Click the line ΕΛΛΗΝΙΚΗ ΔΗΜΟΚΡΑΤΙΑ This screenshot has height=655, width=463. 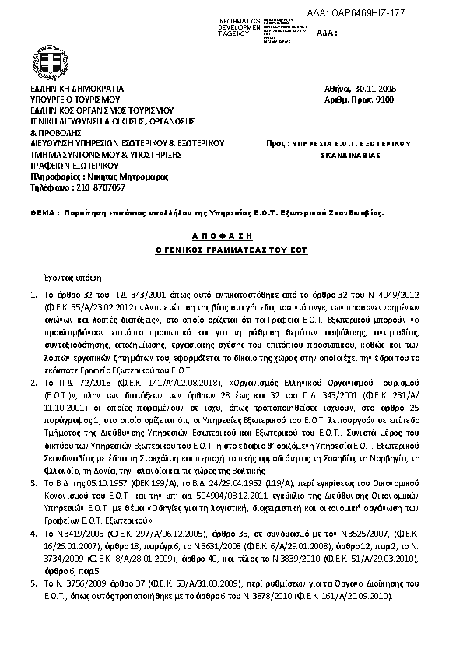76,89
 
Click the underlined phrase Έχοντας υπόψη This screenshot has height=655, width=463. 67,277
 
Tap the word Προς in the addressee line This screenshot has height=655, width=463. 273,144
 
